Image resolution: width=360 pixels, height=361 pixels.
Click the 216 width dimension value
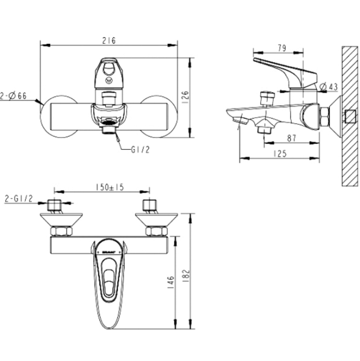click(109, 40)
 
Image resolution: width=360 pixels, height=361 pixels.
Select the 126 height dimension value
click(185, 95)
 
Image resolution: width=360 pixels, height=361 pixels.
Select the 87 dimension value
click(293, 138)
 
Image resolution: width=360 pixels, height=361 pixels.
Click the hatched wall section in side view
click(348, 114)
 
